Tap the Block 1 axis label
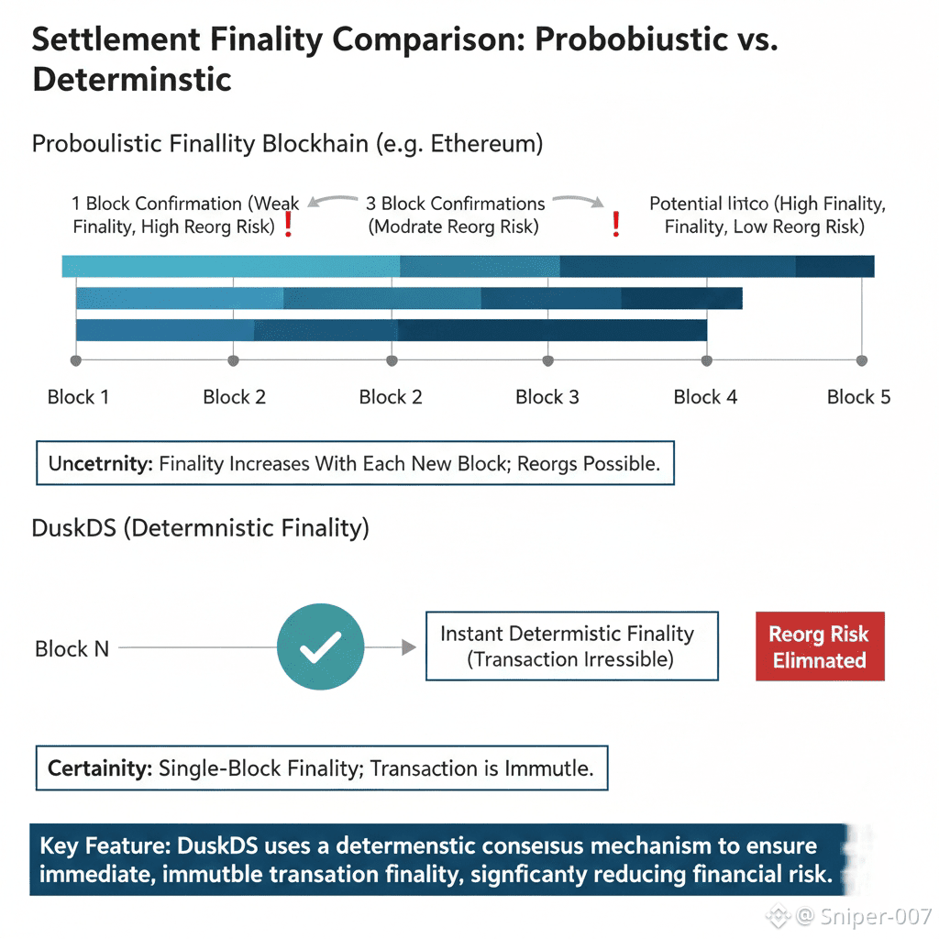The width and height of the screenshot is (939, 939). (x=78, y=397)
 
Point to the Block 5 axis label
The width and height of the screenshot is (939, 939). (x=858, y=397)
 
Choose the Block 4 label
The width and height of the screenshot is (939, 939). (x=705, y=397)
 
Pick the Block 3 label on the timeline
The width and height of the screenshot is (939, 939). (x=547, y=397)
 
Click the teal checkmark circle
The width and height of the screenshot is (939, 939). (x=321, y=646)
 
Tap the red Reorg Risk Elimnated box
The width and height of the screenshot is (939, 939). (x=820, y=646)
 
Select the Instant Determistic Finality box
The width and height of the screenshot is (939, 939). (x=571, y=646)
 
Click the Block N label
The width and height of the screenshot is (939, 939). (x=72, y=649)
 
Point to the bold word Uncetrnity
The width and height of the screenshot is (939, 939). (x=100, y=464)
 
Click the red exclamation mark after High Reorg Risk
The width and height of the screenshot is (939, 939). (x=288, y=226)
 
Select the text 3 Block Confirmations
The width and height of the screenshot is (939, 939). (x=455, y=204)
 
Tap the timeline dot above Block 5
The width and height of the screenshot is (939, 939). (x=861, y=360)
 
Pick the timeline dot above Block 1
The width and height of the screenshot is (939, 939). (x=76, y=360)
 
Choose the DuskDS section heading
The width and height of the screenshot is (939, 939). (x=200, y=528)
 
